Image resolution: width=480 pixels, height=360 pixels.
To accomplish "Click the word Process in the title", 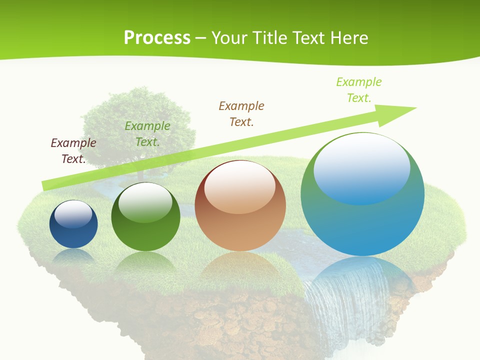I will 157,38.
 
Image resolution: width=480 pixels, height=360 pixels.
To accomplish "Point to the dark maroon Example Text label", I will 73,150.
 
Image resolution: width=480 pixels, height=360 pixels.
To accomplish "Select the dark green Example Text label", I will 147,134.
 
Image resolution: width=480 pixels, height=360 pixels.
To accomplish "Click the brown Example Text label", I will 241,113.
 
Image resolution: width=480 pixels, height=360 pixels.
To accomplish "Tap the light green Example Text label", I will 359,89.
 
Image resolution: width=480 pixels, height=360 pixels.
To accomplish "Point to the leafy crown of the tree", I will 137,122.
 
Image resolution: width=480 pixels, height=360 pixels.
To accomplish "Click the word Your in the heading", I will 228,38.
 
